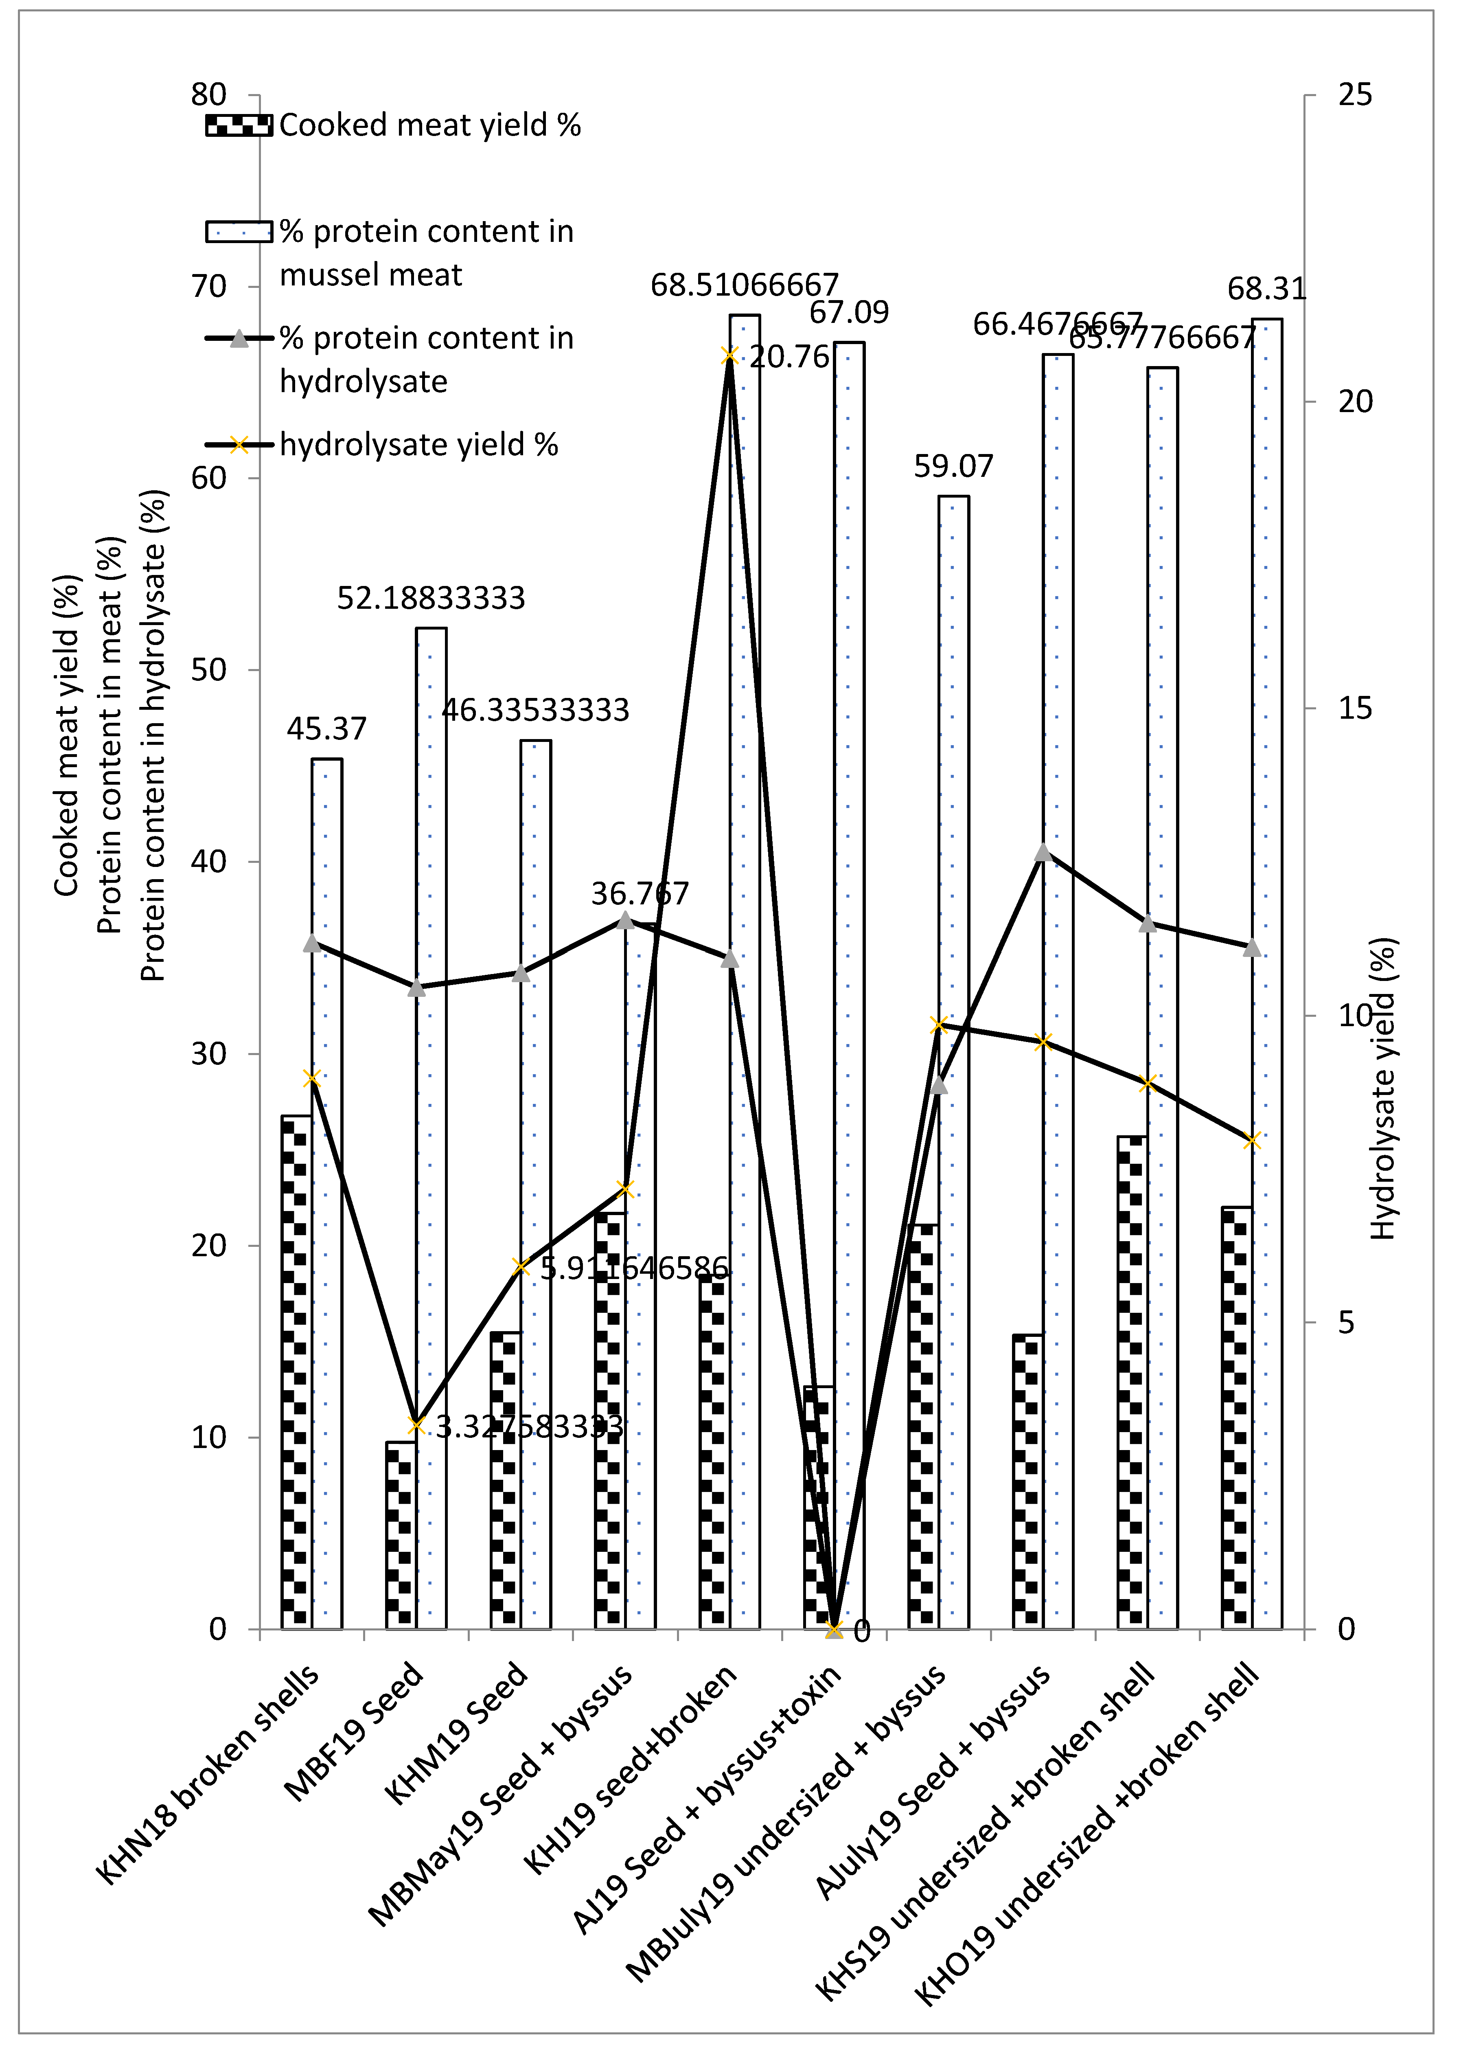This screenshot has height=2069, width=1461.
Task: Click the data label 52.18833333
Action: [431, 597]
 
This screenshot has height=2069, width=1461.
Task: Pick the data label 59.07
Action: [953, 466]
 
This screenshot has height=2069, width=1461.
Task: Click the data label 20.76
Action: [789, 357]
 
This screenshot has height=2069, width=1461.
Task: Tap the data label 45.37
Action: [326, 728]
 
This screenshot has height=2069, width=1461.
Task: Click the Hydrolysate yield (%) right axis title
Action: [1382, 1088]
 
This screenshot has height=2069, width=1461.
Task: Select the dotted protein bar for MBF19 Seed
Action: [431, 1126]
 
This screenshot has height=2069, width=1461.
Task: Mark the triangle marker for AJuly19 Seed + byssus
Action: [1043, 852]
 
